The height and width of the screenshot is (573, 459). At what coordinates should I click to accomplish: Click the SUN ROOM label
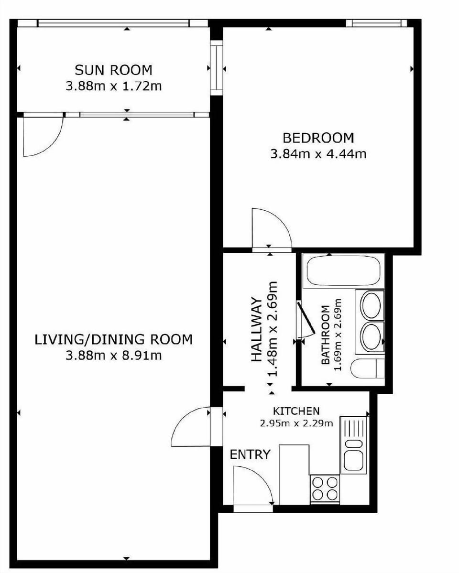[113, 70]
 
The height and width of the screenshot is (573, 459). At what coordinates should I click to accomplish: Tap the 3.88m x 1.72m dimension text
[113, 86]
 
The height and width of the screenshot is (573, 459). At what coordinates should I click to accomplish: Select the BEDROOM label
[318, 138]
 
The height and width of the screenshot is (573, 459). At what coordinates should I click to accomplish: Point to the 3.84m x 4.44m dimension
[318, 154]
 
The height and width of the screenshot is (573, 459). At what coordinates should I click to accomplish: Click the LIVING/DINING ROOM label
[113, 340]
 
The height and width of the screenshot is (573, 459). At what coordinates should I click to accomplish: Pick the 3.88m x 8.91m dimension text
[113, 356]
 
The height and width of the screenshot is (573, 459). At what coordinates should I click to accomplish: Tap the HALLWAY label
[257, 330]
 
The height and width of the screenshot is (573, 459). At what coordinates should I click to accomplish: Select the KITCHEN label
[296, 411]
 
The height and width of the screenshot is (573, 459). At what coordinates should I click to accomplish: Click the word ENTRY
[250, 454]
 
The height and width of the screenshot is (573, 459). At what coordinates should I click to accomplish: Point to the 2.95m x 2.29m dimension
[296, 422]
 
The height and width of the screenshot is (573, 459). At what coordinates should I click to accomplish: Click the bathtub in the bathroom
[343, 271]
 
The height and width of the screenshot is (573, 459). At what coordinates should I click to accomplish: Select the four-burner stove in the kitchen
[325, 488]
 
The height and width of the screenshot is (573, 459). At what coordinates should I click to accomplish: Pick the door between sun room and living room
[43, 136]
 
